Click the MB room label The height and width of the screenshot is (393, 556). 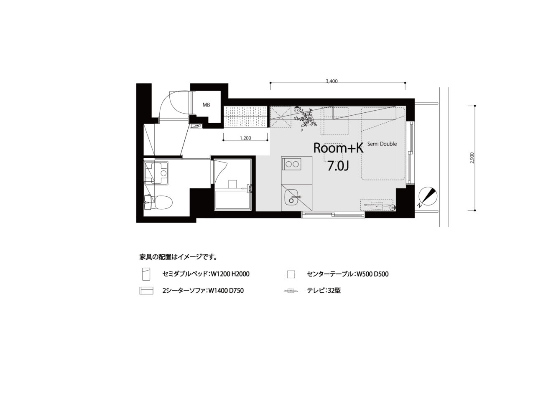pos(206,105)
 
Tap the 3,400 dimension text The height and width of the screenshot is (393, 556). pos(332,81)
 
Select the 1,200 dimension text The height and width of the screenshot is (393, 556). pos(245,138)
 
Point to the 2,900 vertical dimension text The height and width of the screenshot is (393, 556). pos(472,158)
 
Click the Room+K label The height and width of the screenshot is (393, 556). pos(338,148)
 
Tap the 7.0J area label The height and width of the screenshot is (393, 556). pos(338,166)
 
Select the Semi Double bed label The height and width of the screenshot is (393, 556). pos(382,144)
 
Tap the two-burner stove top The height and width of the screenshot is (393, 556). pos(292,164)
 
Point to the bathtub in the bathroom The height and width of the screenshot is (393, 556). pos(232,200)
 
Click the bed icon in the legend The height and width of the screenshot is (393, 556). pos(146,274)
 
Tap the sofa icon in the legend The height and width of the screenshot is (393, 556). pos(146,291)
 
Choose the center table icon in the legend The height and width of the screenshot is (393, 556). pos(291,274)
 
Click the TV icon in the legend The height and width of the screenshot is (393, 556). pos(291,291)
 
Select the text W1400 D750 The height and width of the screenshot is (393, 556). pos(226,290)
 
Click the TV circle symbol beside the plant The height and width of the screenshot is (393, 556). pos(296,109)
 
